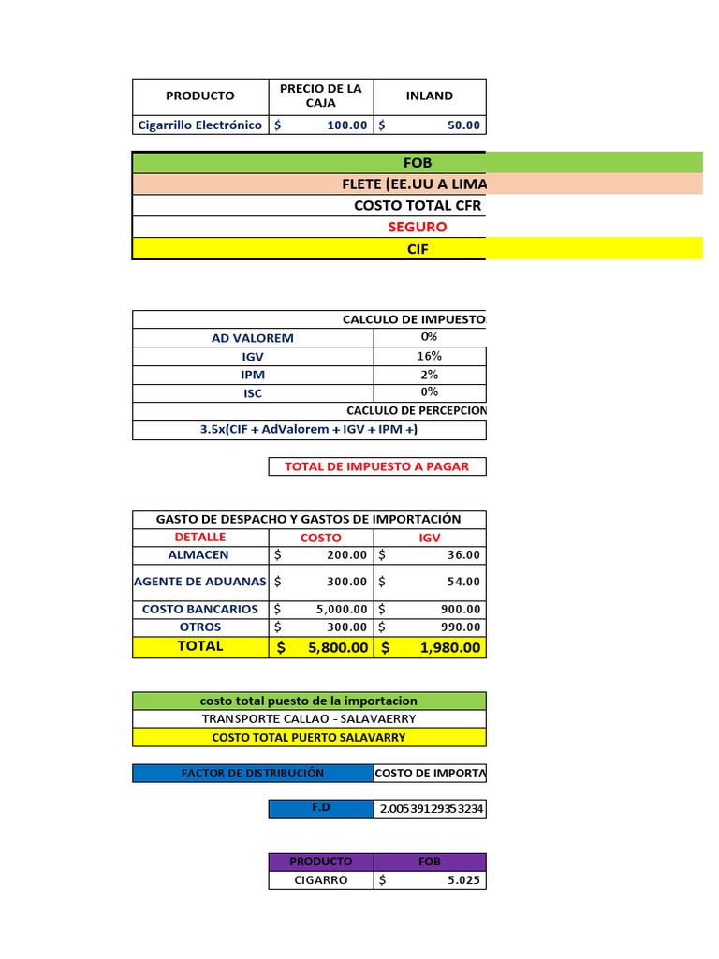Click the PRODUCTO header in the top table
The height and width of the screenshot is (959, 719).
point(200,96)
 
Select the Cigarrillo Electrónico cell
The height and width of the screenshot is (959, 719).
point(200,125)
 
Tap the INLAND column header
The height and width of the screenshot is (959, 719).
point(430,96)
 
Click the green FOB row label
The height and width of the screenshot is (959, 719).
point(418,163)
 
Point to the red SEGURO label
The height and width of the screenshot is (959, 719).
point(418,227)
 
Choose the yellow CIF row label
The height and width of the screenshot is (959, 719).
point(418,249)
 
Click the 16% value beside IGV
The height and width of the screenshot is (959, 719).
point(430,356)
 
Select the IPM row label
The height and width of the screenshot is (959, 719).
point(253,375)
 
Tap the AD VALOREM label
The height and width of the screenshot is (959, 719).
point(253,338)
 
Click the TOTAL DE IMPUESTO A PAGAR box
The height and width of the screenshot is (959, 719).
point(377,466)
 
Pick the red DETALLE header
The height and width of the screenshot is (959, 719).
point(200,538)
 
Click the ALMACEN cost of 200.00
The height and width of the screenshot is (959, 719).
point(321,555)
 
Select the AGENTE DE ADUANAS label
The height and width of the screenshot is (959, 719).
point(200,582)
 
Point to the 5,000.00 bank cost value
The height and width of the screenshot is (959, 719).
point(321,610)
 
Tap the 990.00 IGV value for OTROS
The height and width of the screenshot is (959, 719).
point(430,627)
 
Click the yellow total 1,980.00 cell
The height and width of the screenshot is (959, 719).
point(430,647)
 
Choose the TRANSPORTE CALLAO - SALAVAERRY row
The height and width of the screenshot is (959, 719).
point(309,719)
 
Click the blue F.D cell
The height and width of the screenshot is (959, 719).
point(321,807)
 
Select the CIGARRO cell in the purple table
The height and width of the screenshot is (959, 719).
point(321,880)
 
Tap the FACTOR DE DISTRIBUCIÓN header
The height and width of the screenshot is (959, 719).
point(253,774)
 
